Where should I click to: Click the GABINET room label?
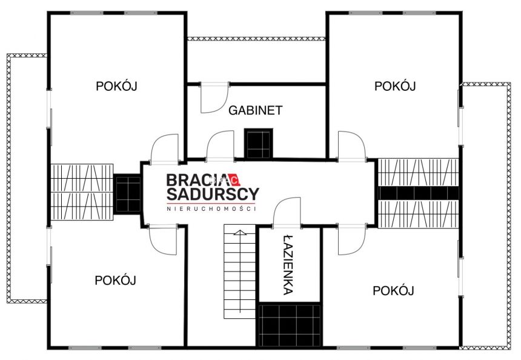255,110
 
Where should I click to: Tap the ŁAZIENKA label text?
288,265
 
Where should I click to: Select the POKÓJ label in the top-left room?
116,85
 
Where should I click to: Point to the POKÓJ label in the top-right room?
395,85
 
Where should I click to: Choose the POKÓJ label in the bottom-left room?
115,280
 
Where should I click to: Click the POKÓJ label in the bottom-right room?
393,290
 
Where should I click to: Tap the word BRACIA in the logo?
197,180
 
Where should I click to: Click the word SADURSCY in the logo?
213,194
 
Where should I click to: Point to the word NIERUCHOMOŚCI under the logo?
211,208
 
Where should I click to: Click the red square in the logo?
234,180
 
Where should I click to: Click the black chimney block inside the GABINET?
259,144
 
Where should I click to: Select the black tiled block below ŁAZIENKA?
290,325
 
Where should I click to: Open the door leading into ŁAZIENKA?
287,213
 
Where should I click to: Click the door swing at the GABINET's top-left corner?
214,98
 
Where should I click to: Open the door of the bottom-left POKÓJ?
163,239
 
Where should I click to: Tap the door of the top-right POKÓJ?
352,147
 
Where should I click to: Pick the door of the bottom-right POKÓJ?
351,239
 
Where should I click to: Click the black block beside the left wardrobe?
127,194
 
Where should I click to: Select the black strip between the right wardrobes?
419,193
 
